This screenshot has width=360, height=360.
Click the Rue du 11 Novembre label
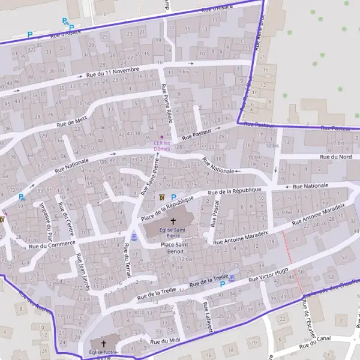[113, 72]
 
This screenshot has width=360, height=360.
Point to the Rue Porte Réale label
[167, 104]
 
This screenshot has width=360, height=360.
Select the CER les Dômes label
[162, 145]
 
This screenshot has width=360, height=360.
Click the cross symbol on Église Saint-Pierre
[173, 221]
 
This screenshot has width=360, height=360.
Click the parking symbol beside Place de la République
[173, 197]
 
